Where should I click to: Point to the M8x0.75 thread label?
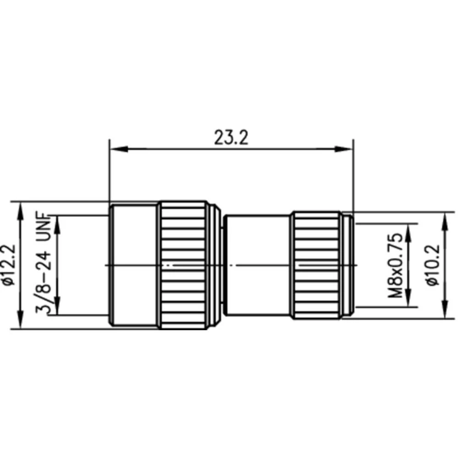click(x=395, y=265)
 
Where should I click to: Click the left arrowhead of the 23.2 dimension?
click(x=115, y=148)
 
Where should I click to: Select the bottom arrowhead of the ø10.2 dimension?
click(x=444, y=312)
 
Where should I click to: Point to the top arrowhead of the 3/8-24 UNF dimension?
click(x=57, y=222)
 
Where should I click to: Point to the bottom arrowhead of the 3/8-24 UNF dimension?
click(x=57, y=309)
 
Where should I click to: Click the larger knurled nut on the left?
click(x=183, y=265)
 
